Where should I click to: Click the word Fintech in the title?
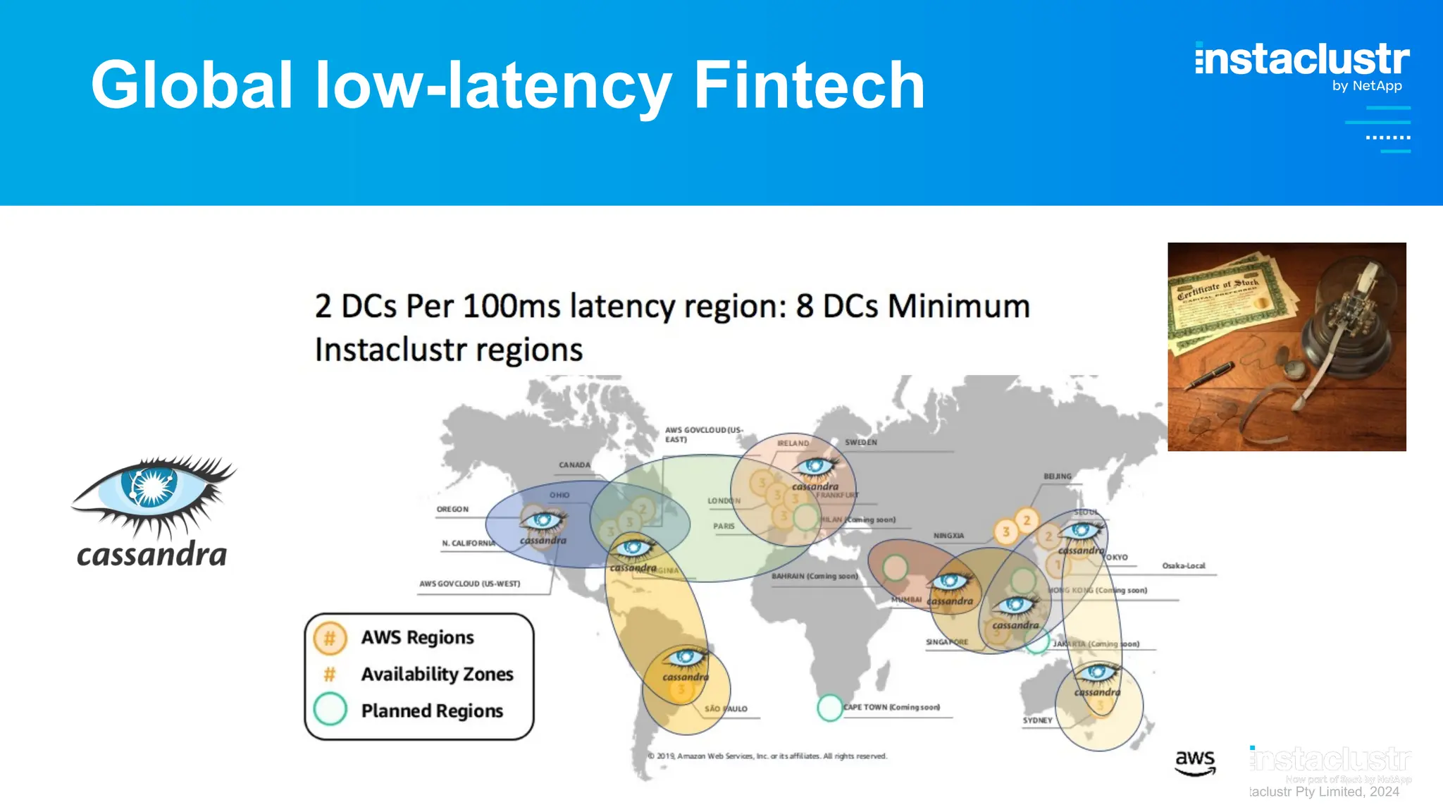tap(809, 85)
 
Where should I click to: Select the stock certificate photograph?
tap(1286, 346)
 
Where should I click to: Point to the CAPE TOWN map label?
tap(891, 707)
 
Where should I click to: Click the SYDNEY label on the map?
tap(1037, 720)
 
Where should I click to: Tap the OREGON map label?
tap(452, 509)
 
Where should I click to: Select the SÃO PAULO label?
tap(726, 708)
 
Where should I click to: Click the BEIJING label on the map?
tap(1057, 476)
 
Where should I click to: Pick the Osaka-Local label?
tap(1183, 565)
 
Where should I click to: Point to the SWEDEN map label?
tap(861, 443)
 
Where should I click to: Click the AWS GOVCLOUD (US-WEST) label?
tap(469, 584)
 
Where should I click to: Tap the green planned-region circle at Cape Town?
tap(830, 707)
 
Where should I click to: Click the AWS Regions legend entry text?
tap(417, 637)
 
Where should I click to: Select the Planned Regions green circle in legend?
tap(330, 709)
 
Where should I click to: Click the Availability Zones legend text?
tap(437, 674)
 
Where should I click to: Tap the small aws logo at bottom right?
tap(1195, 761)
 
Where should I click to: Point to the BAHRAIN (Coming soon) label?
tap(814, 576)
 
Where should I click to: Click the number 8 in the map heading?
tap(805, 307)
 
